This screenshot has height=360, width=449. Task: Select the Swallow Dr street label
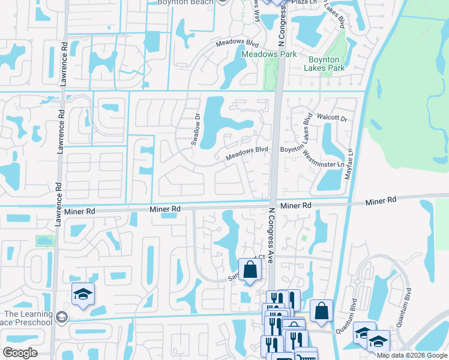tap(195, 129)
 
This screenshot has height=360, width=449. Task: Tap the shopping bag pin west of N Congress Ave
tap(250, 269)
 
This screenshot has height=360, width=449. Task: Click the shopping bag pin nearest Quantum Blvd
tap(321, 311)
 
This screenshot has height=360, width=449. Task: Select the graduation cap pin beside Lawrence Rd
tap(83, 294)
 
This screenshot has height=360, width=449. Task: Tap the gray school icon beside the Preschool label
tap(62, 317)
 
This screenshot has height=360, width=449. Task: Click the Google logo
tap(20, 353)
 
